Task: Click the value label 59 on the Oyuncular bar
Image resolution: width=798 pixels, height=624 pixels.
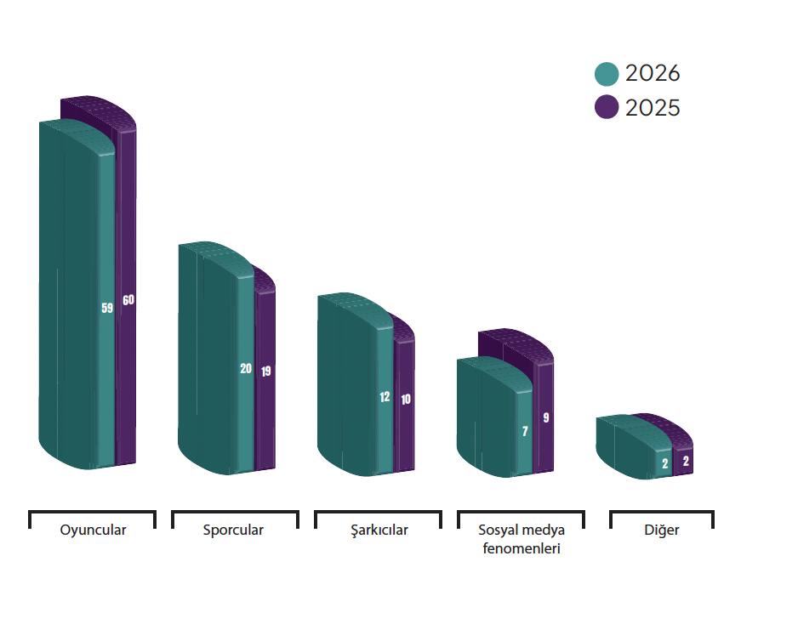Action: [107, 309]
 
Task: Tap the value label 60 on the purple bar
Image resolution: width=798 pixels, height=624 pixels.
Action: [128, 300]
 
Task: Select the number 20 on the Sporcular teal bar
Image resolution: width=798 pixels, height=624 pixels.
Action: [246, 368]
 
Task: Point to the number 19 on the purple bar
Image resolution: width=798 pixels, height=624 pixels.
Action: [266, 372]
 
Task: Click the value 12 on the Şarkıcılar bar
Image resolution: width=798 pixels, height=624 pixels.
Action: [385, 397]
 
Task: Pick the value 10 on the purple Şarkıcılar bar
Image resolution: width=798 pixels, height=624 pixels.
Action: [406, 400]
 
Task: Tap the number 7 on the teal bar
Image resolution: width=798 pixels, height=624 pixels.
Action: [525, 431]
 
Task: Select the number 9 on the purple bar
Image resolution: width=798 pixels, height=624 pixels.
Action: [546, 418]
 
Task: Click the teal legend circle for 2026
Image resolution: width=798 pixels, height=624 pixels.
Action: [607, 74]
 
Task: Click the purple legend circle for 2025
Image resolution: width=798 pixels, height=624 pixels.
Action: [607, 107]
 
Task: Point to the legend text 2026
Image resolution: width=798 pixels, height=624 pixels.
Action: [653, 73]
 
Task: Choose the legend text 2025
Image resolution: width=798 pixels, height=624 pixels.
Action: [653, 108]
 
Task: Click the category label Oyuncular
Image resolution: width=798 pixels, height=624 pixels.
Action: [93, 530]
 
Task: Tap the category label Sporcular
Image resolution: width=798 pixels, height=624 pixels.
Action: [233, 530]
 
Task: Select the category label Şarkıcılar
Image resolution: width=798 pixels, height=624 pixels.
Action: [379, 530]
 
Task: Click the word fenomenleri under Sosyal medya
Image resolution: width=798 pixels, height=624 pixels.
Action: [522, 548]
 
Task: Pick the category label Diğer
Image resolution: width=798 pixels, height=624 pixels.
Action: [662, 530]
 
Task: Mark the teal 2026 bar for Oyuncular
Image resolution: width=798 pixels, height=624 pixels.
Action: [77, 295]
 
